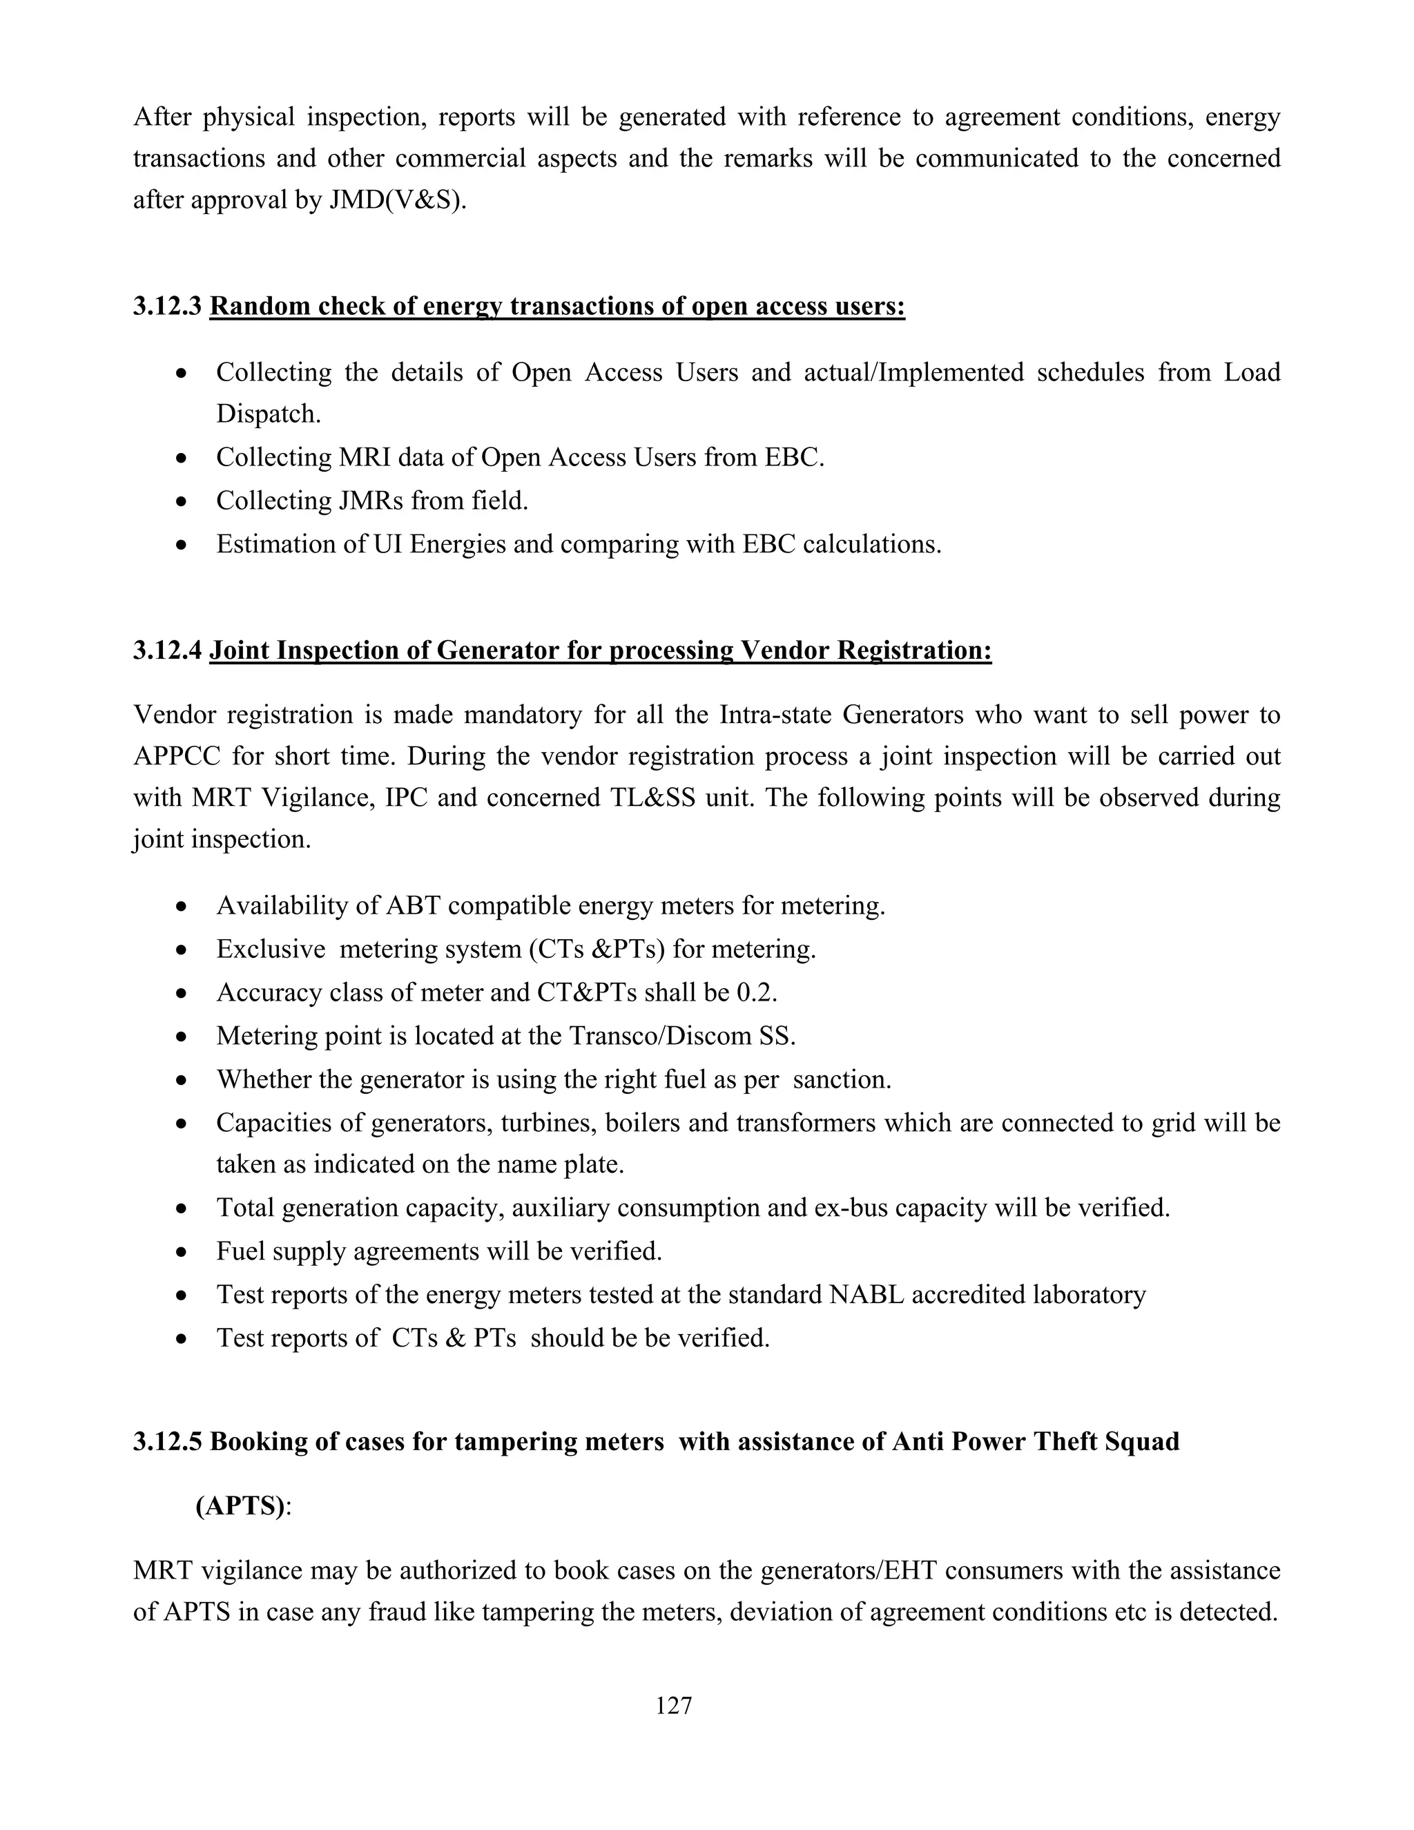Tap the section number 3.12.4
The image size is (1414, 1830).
click(x=168, y=651)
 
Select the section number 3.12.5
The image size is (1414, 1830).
click(x=168, y=1441)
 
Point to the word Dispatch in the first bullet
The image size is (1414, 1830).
click(x=268, y=414)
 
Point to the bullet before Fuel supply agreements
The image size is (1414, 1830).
click(x=182, y=1253)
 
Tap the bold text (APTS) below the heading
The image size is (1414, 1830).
click(x=240, y=1505)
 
